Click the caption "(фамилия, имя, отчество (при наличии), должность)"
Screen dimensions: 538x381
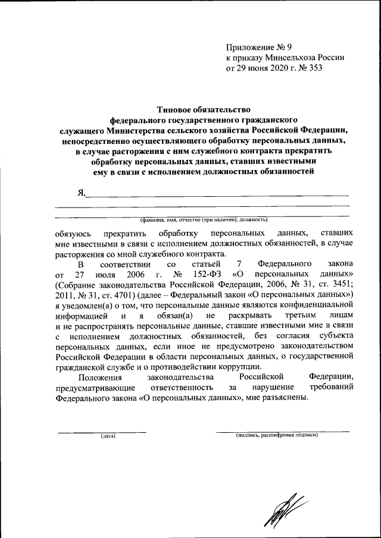(202, 219)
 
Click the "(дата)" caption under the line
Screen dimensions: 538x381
(108, 436)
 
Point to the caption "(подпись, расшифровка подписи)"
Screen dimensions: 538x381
(277, 435)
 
